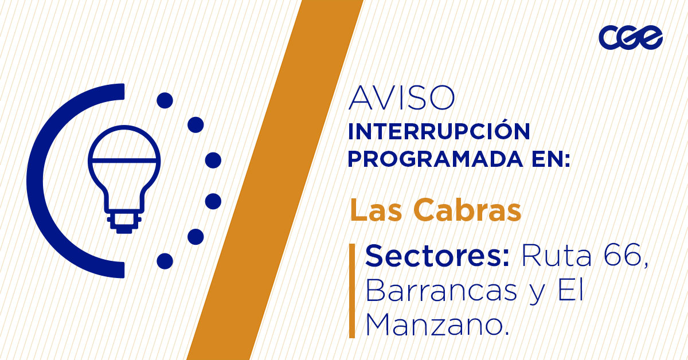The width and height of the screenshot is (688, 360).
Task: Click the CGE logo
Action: [630, 38]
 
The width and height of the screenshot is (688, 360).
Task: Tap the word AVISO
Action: [401, 99]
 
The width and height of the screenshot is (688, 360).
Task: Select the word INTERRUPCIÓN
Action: [439, 132]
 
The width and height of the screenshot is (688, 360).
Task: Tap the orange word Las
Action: [376, 210]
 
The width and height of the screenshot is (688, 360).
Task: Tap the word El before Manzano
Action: [570, 292]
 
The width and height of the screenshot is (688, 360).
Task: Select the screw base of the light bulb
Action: [124, 222]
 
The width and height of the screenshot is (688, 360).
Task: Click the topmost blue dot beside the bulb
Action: [165, 101]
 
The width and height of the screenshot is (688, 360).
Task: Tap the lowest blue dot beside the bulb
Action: [165, 261]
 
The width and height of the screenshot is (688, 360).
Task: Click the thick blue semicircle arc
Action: [43, 181]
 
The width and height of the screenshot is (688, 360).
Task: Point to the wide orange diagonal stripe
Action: [275, 180]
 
